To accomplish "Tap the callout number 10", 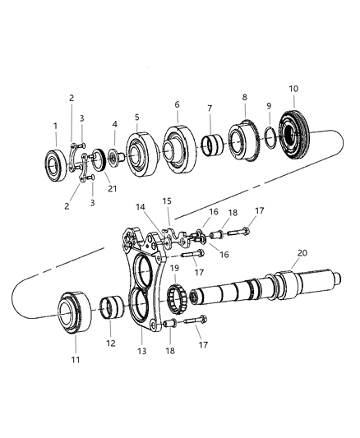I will click(294, 88).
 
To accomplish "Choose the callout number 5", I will click(137, 116).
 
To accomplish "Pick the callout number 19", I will click(173, 268).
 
